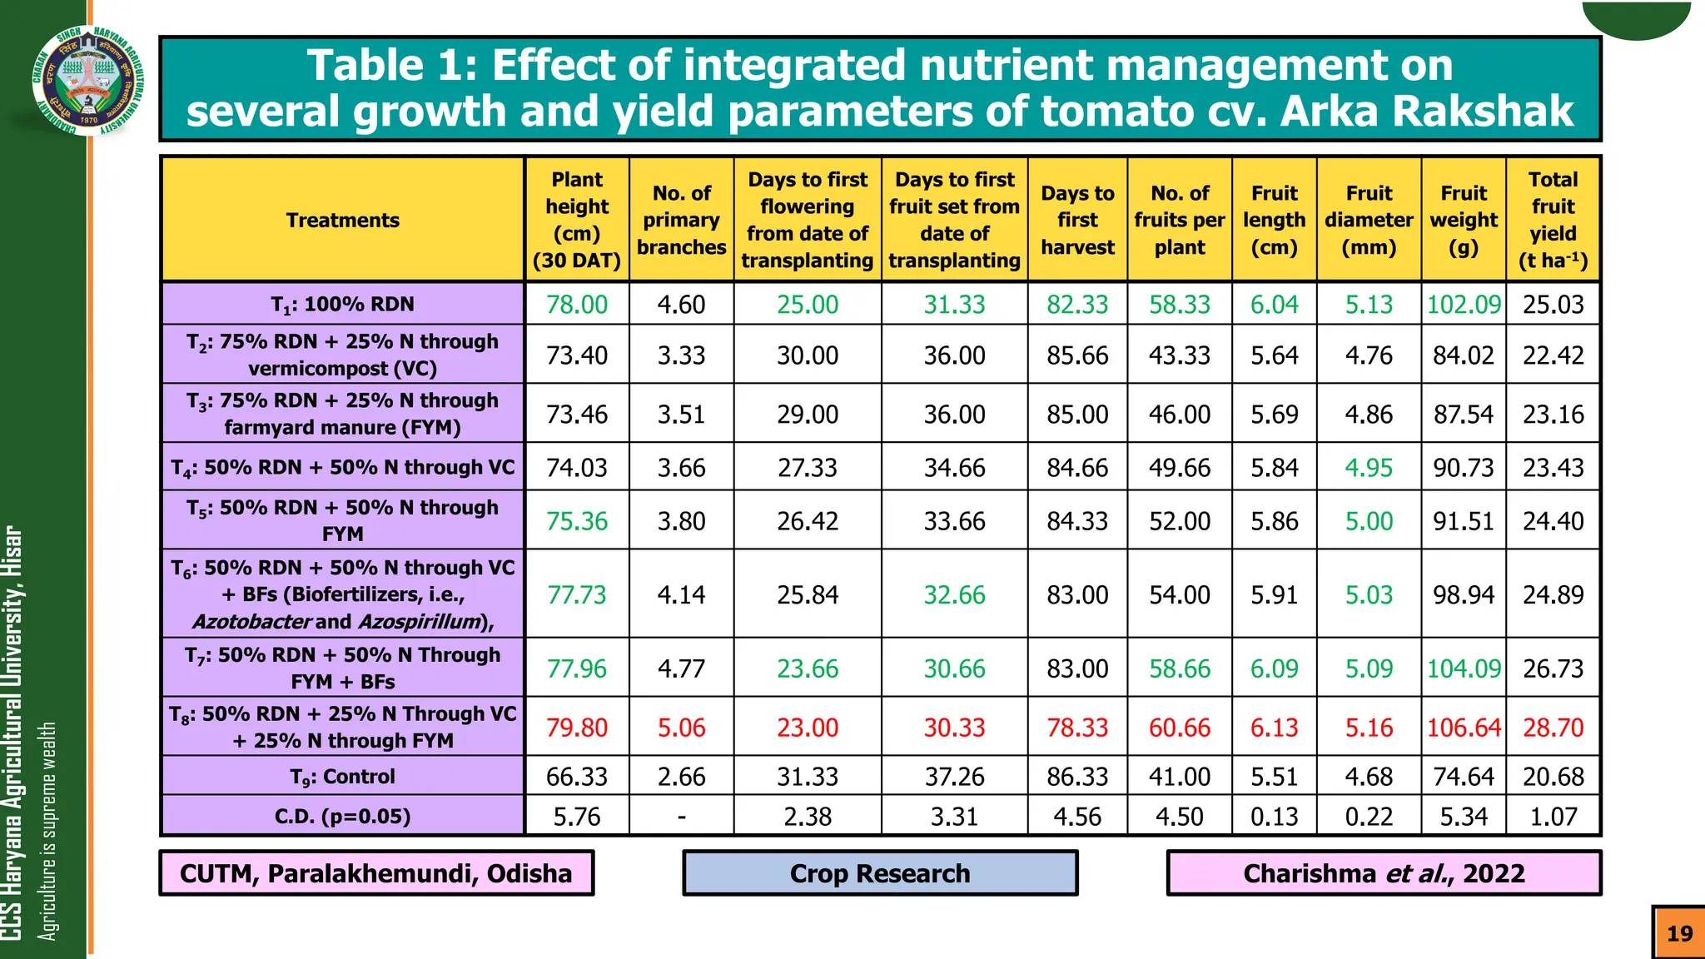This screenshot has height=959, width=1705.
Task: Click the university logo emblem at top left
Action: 87,80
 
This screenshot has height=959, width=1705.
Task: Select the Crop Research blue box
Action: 880,873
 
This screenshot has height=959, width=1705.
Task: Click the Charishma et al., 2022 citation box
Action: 1384,873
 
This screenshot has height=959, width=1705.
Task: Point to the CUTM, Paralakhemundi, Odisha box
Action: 376,873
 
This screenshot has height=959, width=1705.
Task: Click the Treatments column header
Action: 342,220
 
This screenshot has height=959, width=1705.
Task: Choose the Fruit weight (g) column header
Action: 1463,220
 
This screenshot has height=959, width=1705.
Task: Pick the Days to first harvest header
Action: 1077,220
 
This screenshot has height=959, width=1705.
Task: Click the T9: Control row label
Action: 342,777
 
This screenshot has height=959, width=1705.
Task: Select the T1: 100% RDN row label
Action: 342,305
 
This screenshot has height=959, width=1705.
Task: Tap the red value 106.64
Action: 1463,728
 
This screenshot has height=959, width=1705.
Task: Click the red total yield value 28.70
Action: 1553,728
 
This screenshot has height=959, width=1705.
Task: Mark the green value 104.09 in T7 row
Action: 1463,668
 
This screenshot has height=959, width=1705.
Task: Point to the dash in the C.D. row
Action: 681,817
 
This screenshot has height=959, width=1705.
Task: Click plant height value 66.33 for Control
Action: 576,777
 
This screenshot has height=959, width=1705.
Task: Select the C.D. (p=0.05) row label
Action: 342,817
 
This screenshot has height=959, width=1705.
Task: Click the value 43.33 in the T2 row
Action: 1179,355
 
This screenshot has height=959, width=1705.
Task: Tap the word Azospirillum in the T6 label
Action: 423,622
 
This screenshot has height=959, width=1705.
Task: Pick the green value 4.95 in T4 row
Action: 1368,468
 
